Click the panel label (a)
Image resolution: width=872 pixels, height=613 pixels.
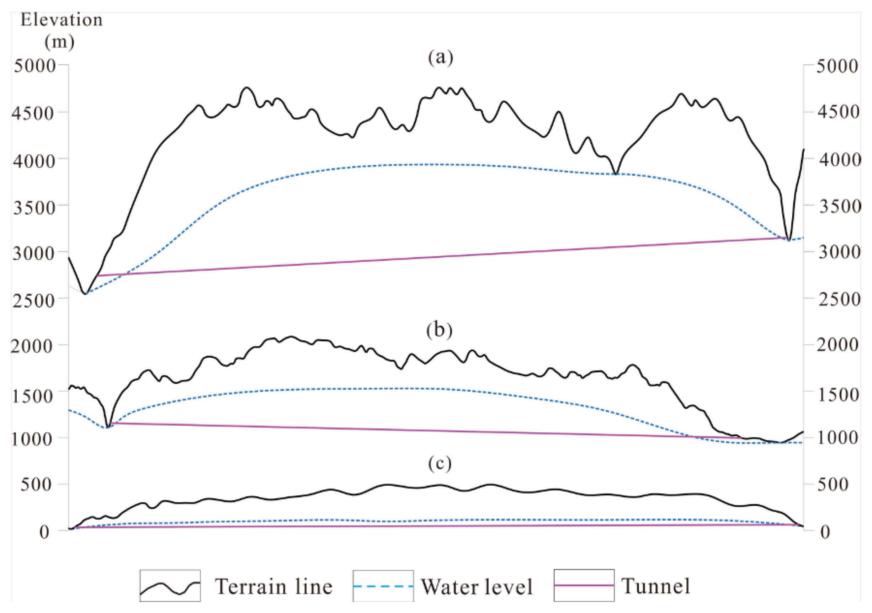(x=440, y=58)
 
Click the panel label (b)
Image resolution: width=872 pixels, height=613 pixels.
(x=439, y=330)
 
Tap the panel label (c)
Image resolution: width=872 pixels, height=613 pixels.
(x=440, y=463)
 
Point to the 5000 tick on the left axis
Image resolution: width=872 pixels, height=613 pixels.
(x=35, y=66)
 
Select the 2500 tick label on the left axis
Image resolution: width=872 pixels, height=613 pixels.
(x=34, y=300)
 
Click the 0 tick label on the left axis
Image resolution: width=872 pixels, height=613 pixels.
(x=44, y=532)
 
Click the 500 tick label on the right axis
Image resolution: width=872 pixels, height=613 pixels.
(x=833, y=484)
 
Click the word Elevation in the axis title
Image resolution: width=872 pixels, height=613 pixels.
(x=62, y=20)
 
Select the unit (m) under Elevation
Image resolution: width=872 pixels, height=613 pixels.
(x=59, y=41)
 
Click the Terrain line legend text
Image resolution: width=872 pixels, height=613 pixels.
(x=274, y=587)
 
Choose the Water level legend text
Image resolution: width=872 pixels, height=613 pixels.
(x=477, y=587)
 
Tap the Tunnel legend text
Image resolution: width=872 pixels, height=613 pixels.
(x=655, y=586)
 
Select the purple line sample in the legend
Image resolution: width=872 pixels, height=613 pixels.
(x=584, y=586)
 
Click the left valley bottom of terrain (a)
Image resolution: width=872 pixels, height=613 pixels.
(x=86, y=294)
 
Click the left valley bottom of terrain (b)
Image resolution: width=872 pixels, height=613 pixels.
(x=108, y=427)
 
